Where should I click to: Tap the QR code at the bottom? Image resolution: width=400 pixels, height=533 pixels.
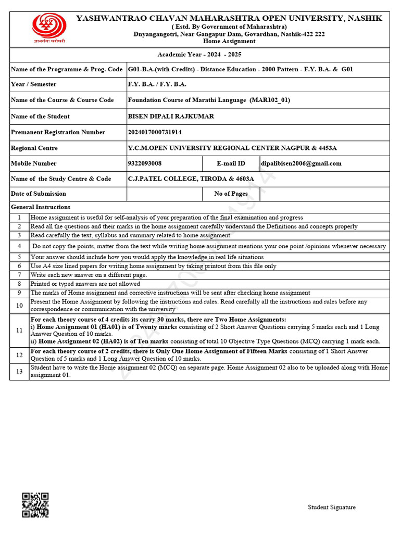[x=35, y=505]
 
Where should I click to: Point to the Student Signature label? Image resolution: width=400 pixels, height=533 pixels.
[x=331, y=507]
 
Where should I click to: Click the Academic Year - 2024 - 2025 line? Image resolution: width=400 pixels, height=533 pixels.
[x=199, y=55]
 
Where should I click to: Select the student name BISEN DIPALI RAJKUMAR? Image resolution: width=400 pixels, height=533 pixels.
[x=171, y=117]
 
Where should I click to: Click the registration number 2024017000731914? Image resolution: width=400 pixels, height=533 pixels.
[x=155, y=132]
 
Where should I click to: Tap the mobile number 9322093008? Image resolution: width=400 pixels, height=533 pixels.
[x=145, y=163]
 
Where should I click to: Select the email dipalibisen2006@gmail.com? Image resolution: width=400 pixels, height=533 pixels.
[x=302, y=163]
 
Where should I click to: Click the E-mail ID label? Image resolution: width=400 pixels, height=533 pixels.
[x=231, y=163]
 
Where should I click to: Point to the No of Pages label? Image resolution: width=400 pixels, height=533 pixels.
[x=231, y=194]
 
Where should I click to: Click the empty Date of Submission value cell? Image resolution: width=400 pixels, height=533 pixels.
[x=164, y=194]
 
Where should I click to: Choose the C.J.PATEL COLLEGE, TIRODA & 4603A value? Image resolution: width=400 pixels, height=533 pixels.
[x=191, y=179]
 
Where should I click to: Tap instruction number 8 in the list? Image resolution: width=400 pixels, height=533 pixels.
[x=19, y=284]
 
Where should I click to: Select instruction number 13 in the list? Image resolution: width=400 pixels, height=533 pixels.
[x=19, y=371]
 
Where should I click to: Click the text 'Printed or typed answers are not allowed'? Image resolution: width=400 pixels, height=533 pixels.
[x=85, y=284]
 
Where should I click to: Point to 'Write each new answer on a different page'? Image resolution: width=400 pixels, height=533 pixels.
[x=89, y=275]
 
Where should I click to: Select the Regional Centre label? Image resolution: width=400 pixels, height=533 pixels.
[x=34, y=148]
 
